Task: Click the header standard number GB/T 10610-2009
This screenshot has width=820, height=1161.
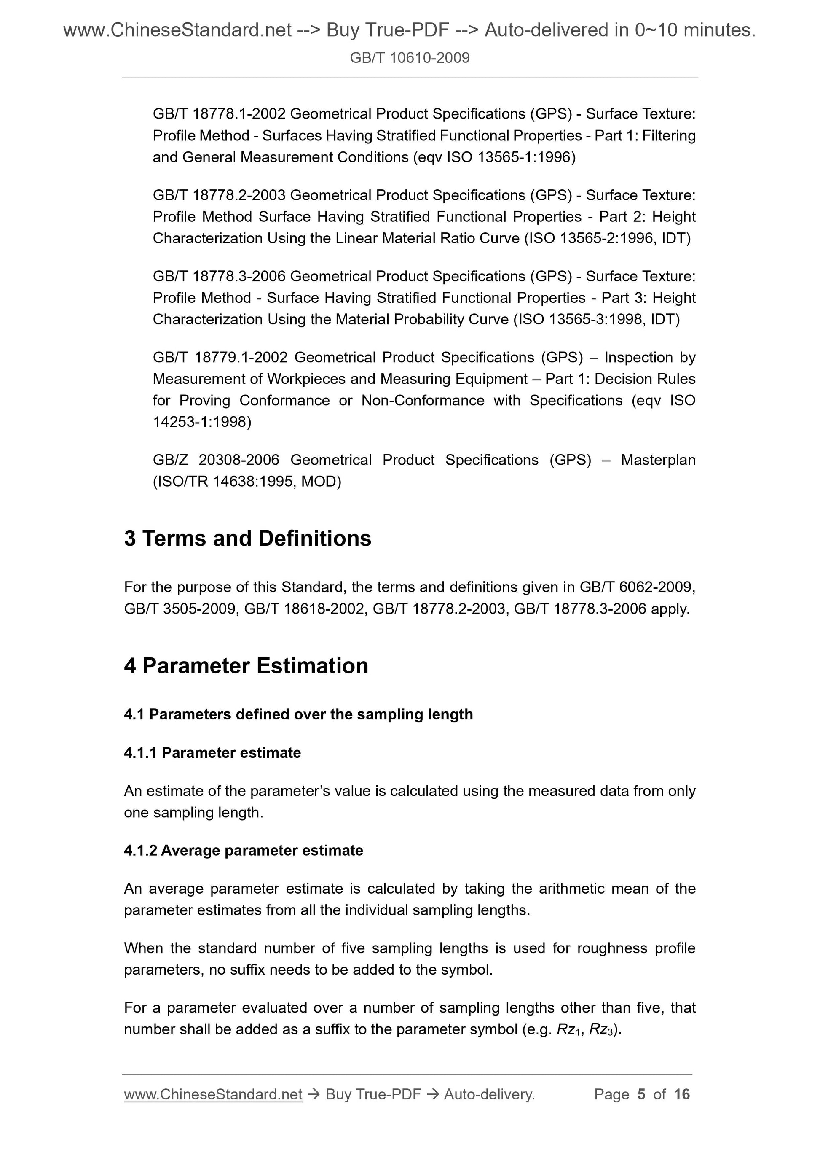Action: [409, 58]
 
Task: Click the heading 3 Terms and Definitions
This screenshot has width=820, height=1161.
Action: [248, 539]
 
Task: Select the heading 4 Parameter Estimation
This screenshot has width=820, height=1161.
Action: [246, 666]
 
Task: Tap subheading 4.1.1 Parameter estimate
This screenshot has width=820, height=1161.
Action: [212, 753]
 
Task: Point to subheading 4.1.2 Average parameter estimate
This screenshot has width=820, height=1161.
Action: [243, 851]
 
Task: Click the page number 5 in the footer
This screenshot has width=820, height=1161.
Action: [641, 1094]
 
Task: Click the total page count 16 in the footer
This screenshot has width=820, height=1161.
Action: [681, 1094]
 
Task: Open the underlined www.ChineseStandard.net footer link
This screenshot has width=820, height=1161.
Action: [213, 1094]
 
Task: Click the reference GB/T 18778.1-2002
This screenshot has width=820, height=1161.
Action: [219, 114]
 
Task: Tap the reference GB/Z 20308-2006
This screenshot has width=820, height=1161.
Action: [216, 460]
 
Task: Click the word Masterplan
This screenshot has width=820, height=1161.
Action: [658, 460]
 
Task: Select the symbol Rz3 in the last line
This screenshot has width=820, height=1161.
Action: [602, 1030]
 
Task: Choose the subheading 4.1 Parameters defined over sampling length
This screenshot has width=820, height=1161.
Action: [298, 714]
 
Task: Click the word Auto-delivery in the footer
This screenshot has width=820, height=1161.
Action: [488, 1094]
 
